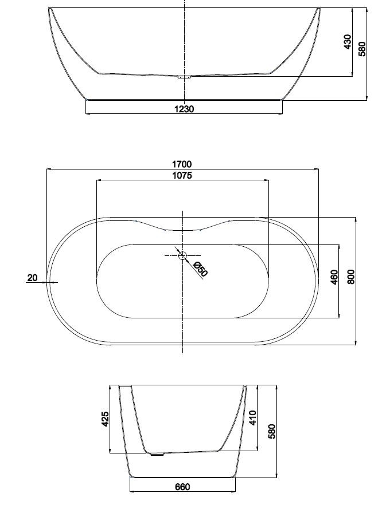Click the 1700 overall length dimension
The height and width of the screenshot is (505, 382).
click(182, 164)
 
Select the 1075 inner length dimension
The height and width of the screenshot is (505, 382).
click(182, 176)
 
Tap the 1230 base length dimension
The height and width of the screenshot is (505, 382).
click(184, 109)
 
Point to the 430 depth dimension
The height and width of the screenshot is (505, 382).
click(348, 42)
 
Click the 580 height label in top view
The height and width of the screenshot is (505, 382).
click(362, 49)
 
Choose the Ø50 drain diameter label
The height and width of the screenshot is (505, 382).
click(200, 269)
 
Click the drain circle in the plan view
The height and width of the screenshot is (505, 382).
click(182, 256)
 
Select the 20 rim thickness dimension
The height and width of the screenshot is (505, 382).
click(32, 278)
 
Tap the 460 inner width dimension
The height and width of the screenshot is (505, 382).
click(334, 277)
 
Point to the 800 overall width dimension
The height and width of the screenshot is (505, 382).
click(351, 277)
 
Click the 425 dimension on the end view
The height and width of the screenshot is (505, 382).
click(105, 419)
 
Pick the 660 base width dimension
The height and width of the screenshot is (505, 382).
click(182, 487)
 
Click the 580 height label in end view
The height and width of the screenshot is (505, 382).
click(272, 431)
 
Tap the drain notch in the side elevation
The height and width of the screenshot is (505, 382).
click(184, 77)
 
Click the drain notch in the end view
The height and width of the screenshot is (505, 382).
click(158, 454)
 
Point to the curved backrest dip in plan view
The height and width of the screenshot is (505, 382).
click(183, 230)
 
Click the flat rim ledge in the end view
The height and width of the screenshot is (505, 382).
click(126, 386)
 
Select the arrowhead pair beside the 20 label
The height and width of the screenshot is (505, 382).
click(48, 282)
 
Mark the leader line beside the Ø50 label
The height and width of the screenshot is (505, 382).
click(189, 263)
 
